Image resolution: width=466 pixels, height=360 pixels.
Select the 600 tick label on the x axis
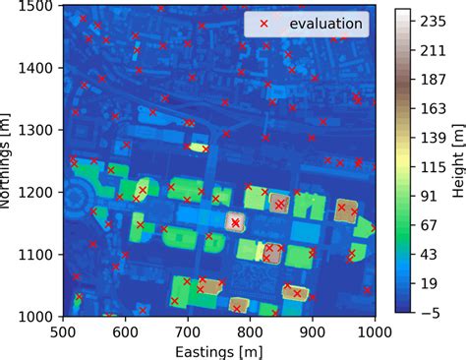coord(126,331)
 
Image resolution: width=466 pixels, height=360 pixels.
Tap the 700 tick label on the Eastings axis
coord(188,331)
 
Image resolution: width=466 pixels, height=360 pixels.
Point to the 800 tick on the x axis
coord(251,331)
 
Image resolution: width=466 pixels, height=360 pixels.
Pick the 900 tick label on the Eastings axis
coord(313,331)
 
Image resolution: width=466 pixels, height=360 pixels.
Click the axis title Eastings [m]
coord(219,349)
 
